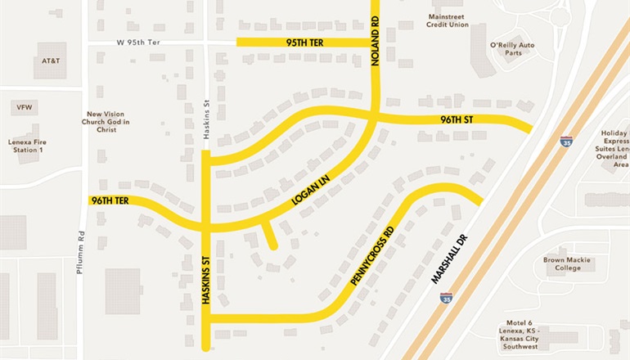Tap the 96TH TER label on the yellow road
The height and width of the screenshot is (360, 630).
[x=110, y=200]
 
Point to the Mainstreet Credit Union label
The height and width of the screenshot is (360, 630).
[x=447, y=20]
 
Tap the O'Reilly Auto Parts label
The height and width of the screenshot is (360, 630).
[x=512, y=49]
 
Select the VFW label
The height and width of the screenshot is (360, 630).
[x=23, y=107]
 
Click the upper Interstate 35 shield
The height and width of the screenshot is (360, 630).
[x=567, y=142]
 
